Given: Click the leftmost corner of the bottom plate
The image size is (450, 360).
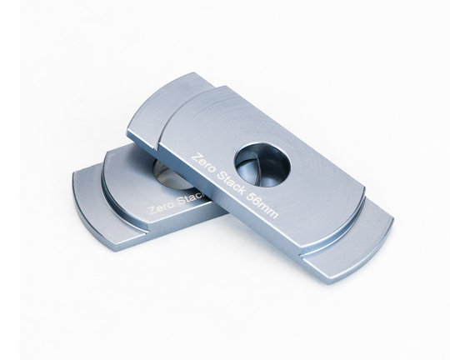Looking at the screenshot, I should click(73, 177).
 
